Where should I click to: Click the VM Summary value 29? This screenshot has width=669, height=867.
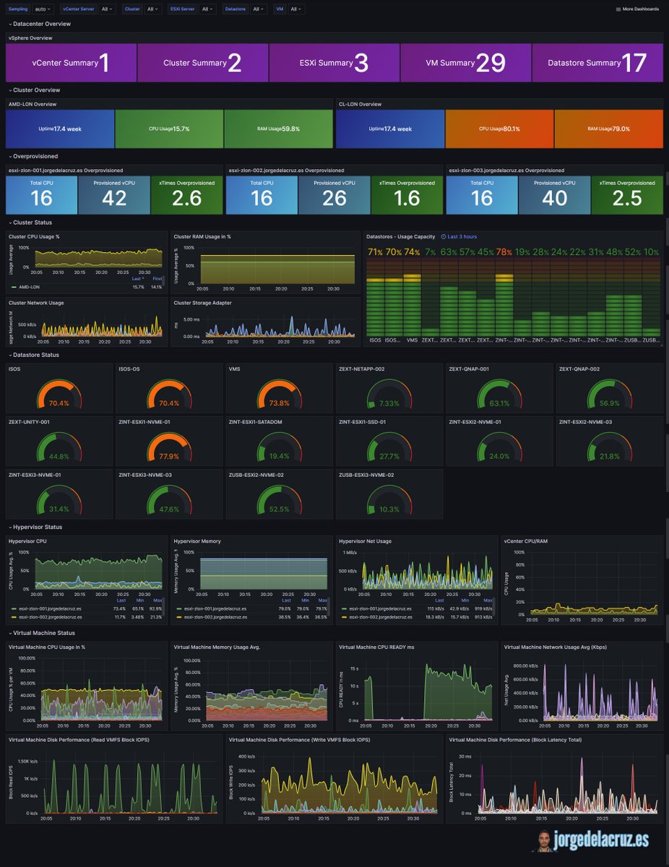coord(491,63)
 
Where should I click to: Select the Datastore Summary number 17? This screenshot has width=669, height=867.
coord(634,63)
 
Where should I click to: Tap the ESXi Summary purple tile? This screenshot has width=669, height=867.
coord(334,63)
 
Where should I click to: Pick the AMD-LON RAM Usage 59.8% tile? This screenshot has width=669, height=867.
coord(278,129)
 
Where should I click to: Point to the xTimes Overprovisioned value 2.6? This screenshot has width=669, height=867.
coord(186,197)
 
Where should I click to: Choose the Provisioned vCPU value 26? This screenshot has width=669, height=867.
coord(334,197)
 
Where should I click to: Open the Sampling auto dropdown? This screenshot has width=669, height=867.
coord(43,9)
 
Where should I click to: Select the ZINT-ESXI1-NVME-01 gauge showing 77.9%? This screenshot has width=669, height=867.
coord(168,456)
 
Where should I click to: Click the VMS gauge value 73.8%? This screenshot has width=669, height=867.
coord(278,403)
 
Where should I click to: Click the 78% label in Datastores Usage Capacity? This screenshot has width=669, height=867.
coord(504,251)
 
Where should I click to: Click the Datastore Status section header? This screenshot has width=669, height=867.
coord(36,355)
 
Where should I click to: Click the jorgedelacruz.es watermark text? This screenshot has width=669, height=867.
coord(601,839)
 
